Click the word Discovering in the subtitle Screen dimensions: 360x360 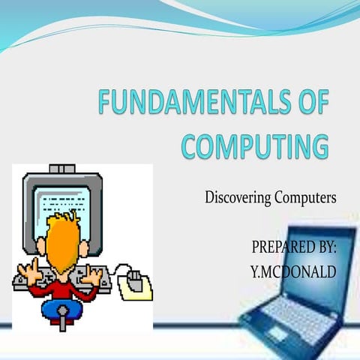pyautogui.click(x=238, y=199)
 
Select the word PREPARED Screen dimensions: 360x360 pyautogui.click(x=279, y=247)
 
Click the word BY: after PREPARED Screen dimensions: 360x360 pyautogui.click(x=324, y=247)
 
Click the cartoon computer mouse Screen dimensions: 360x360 pyautogui.click(x=135, y=278)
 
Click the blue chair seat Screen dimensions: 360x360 pyautogui.click(x=60, y=308)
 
